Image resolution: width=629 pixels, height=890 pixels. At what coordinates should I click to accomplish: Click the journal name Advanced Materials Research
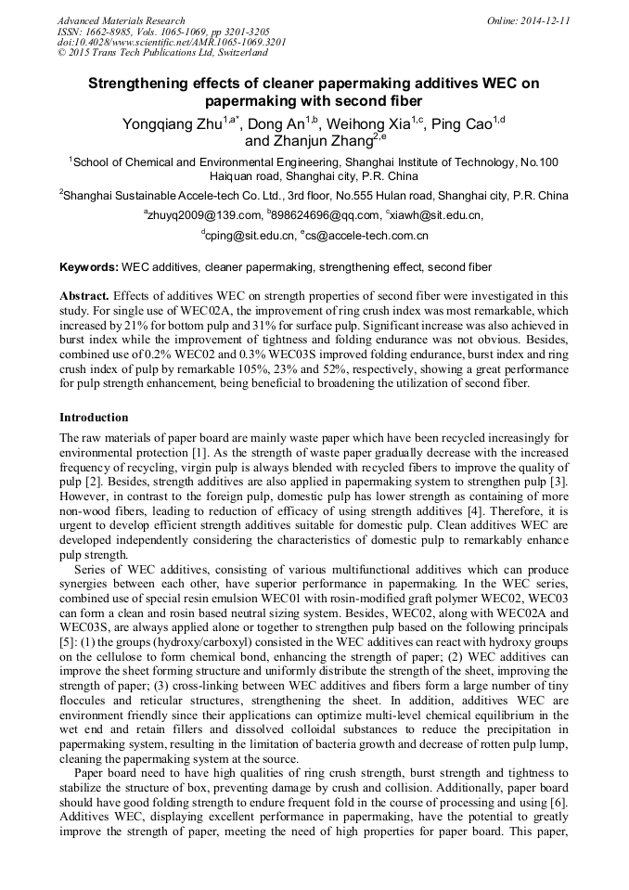[x=121, y=20]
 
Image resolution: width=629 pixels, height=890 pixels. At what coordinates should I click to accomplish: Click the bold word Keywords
[x=88, y=267]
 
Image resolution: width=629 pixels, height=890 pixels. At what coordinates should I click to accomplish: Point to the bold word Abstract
[x=83, y=294]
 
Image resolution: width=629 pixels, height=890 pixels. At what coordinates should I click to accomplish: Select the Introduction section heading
[x=94, y=418]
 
